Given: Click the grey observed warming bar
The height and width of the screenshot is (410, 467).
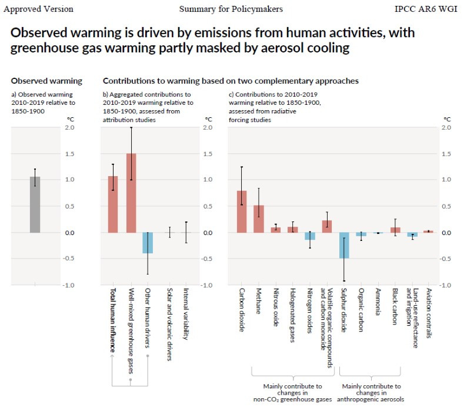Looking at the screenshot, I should point(35,204).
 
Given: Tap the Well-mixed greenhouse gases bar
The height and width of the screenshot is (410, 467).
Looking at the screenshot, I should point(131,193).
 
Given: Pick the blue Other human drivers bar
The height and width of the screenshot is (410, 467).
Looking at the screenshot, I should point(148,243).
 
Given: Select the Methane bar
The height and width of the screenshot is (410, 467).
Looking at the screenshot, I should point(259,219).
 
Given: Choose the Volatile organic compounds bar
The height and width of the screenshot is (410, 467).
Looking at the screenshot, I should point(327,226).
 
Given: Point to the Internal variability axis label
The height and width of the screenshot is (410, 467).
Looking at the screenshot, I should point(186,314).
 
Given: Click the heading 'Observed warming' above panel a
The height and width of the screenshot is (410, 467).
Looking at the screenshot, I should point(46,81).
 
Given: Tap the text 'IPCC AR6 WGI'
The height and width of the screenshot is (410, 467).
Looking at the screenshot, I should point(429,9).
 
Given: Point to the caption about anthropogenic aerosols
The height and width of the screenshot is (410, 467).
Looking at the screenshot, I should point(371,393).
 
